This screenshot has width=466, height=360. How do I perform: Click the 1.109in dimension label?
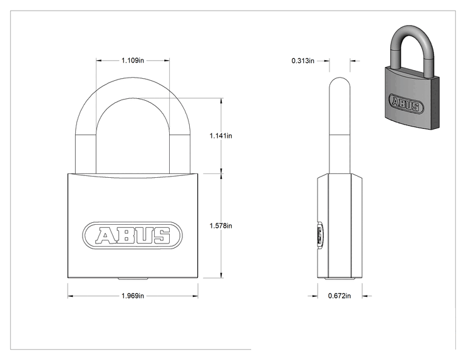(x=133, y=61)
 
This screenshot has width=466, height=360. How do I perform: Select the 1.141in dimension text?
(x=221, y=136)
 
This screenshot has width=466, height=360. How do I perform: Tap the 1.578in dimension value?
(x=221, y=226)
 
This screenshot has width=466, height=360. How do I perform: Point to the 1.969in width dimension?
(x=133, y=296)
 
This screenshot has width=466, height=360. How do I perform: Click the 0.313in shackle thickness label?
(x=303, y=61)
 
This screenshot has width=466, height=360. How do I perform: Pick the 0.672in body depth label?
(x=339, y=296)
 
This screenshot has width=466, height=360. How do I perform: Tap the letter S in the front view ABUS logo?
(x=162, y=235)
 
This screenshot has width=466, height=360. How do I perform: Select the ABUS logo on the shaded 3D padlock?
(x=406, y=103)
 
